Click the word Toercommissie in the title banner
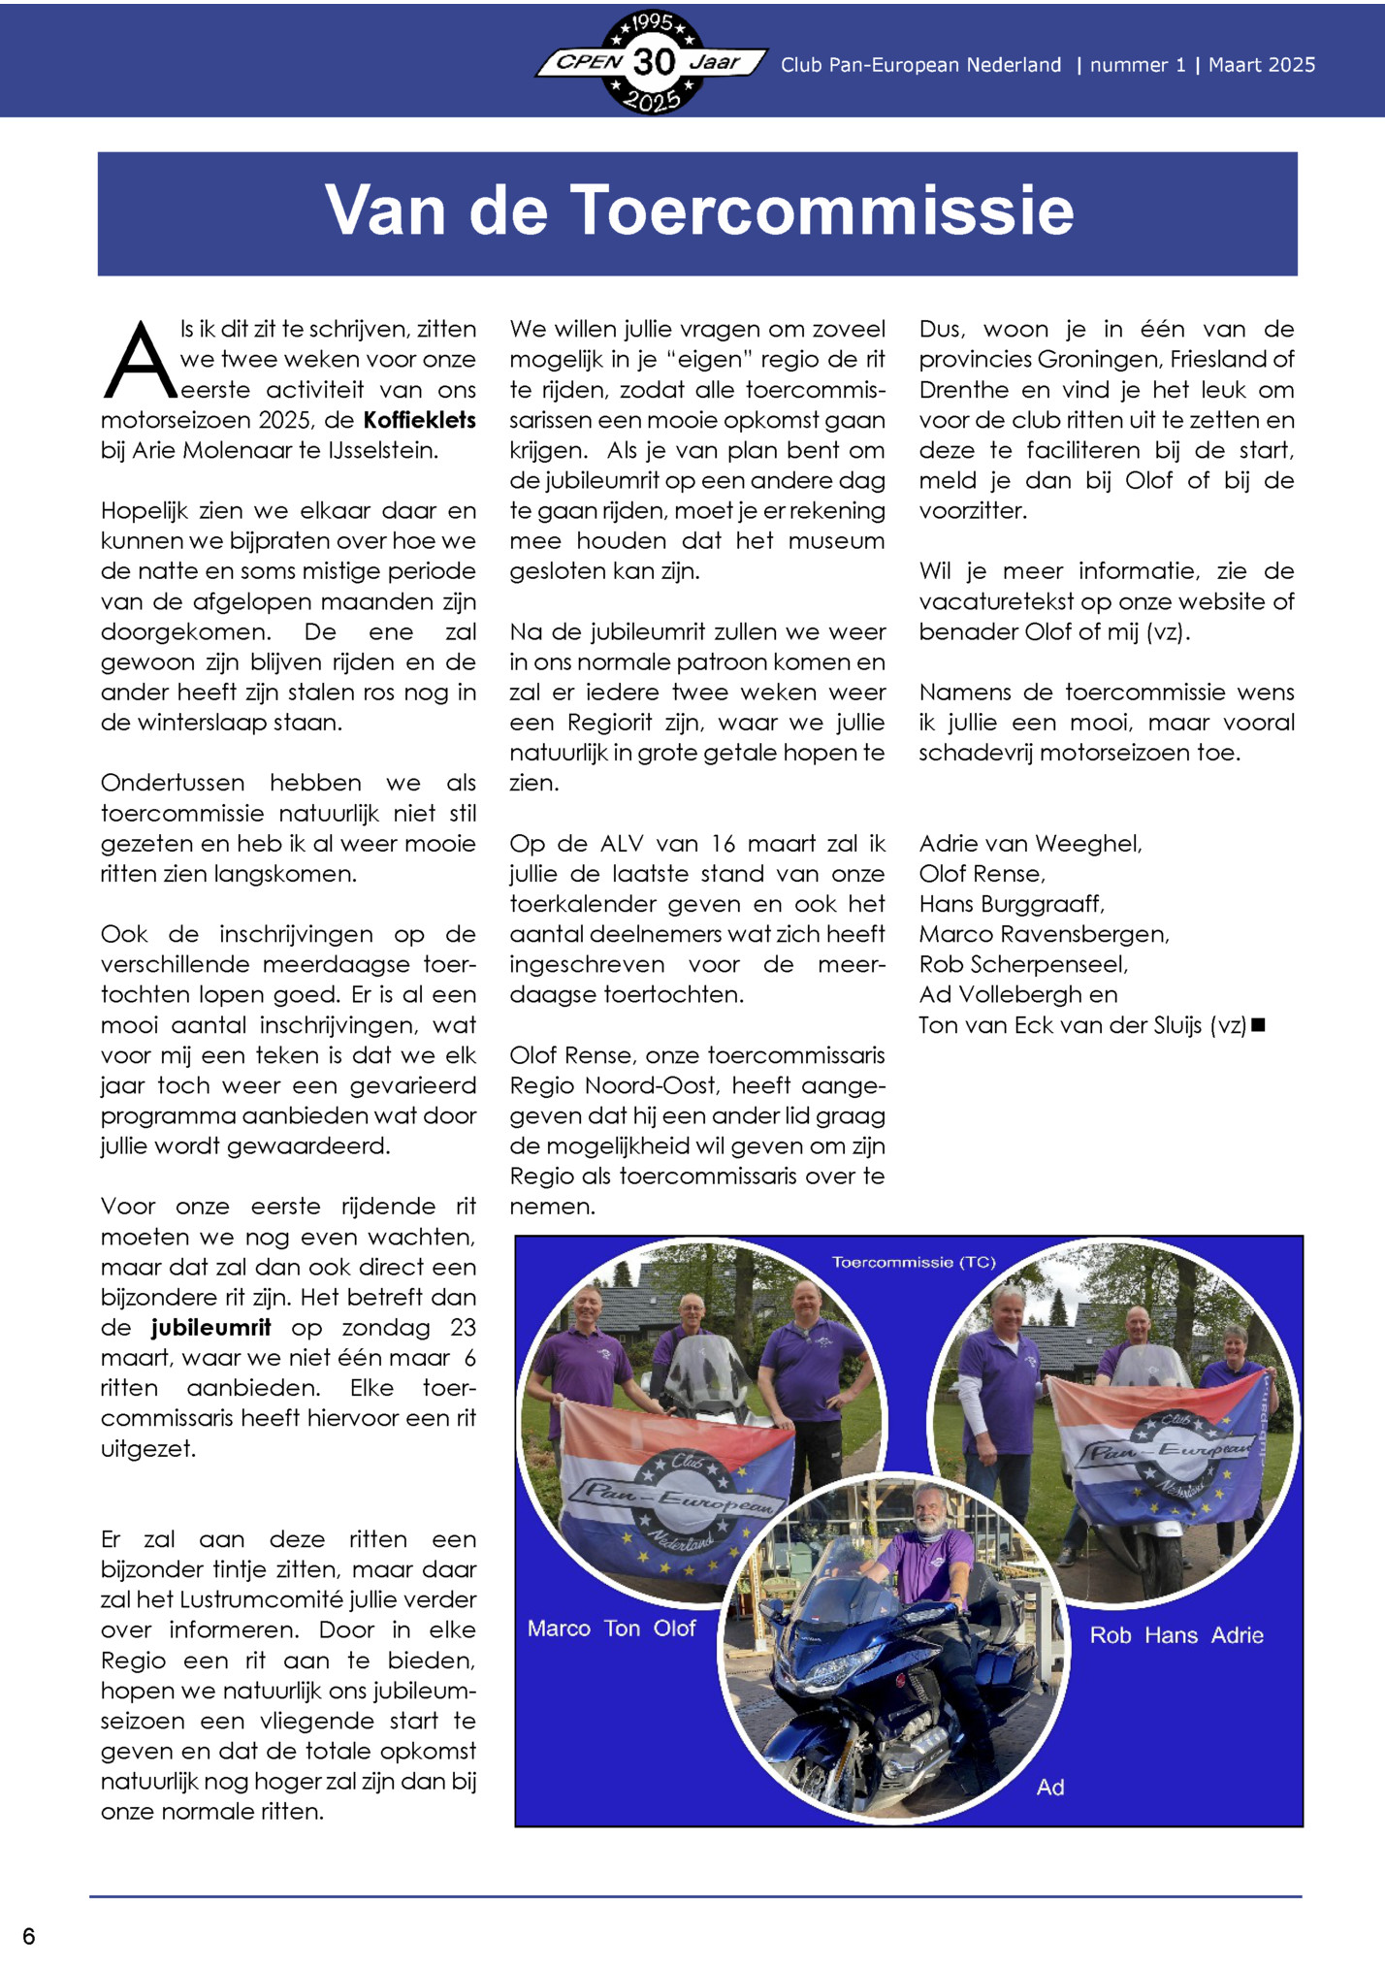point(824,210)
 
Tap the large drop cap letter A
point(140,361)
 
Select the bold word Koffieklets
point(419,420)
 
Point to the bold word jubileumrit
point(210,1327)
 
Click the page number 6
point(29,1936)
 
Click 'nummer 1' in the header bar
point(1137,65)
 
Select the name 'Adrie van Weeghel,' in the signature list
point(1030,844)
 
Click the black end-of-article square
point(1258,1025)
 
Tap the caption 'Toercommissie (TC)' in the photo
point(914,1262)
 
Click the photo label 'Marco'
point(559,1628)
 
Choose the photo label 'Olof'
point(674,1628)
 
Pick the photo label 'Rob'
point(1111,1635)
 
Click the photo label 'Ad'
point(1050,1787)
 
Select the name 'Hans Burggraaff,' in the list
point(1012,904)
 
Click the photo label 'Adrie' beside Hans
point(1237,1635)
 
